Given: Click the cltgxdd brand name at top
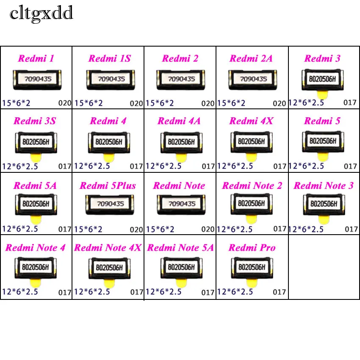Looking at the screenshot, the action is (42, 14).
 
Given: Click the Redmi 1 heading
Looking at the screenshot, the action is (36, 58).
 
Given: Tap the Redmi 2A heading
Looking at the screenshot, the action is (251, 58).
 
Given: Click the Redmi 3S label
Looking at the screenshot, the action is (35, 121).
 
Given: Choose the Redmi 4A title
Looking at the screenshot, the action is (179, 121).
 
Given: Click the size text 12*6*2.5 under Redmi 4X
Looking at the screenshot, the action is (235, 166).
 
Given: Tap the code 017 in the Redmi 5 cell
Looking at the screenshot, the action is (351, 166).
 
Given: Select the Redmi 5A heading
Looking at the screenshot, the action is (35, 186).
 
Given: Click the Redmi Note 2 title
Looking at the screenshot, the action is (252, 186).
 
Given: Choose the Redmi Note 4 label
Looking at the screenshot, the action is (36, 247).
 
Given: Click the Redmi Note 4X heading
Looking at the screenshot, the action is (108, 247).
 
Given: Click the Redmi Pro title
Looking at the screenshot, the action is (252, 247).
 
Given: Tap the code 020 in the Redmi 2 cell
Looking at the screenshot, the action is (208, 103).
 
